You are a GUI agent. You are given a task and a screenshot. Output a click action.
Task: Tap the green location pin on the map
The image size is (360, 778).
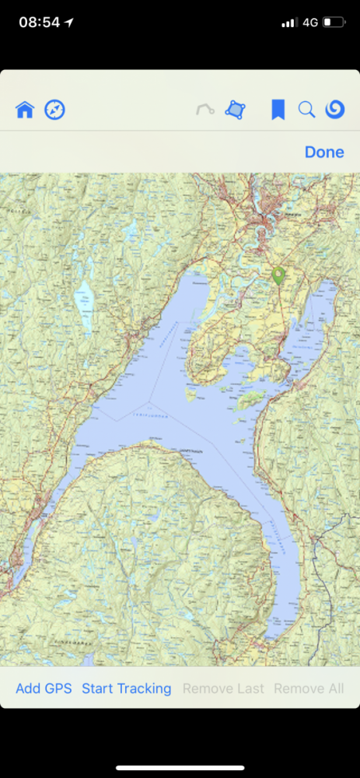coord(278,275)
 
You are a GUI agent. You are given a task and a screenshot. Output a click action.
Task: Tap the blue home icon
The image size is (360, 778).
coord(25,110)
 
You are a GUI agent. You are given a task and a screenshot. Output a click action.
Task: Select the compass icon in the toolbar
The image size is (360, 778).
coord(54,110)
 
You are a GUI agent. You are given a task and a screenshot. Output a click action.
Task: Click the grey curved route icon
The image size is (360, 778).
coord(205,110)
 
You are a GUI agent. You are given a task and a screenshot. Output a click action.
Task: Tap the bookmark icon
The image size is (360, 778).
coord(278,110)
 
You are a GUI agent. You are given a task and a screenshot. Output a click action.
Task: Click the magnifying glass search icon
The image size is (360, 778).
coord(306,110)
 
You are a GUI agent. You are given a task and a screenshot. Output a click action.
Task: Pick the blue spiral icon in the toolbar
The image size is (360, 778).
coord(335,110)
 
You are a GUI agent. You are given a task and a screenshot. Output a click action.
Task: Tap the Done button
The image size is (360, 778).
coord(324,152)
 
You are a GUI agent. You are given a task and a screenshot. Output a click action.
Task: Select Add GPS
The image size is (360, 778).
coord(44,689)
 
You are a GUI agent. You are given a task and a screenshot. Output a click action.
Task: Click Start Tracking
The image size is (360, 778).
coord(126,689)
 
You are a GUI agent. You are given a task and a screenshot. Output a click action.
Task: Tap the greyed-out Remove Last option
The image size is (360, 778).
coord(223,689)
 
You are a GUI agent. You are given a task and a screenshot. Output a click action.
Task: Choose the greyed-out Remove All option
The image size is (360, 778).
coord(309,689)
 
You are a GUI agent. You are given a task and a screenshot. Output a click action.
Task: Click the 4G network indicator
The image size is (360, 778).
coord(310,23)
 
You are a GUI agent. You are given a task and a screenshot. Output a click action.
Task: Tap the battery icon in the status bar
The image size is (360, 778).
coord(334,23)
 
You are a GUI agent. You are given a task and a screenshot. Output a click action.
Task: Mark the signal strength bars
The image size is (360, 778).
coord(289,23)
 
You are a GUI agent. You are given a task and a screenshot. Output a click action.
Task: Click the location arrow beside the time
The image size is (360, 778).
coord(69,23)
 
